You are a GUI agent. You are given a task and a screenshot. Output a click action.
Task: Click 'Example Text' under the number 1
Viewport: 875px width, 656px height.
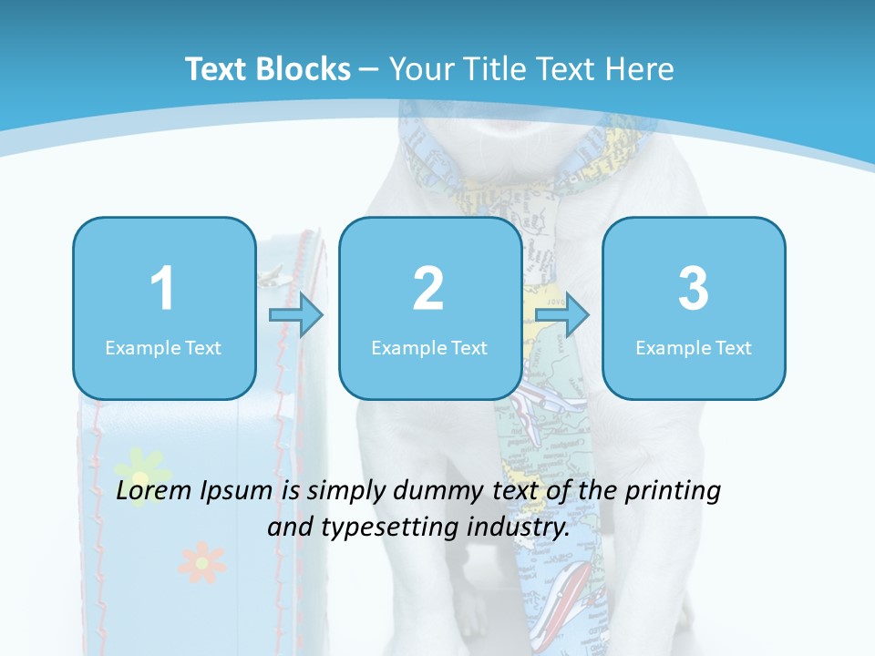point(163,348)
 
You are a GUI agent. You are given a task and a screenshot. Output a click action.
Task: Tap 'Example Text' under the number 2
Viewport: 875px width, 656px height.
point(429,348)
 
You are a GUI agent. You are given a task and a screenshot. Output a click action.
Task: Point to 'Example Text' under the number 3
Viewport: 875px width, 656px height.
point(694,348)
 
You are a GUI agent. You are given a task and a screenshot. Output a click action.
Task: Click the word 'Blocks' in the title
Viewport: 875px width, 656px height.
point(303,69)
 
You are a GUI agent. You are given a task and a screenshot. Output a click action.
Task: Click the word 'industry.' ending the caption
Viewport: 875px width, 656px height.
point(529,528)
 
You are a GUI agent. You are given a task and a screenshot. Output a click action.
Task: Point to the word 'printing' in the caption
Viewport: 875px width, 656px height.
point(673,491)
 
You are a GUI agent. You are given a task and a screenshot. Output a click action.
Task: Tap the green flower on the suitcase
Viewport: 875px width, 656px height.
point(140,475)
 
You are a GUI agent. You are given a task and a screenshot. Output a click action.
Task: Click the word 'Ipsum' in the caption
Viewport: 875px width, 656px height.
point(238,491)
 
